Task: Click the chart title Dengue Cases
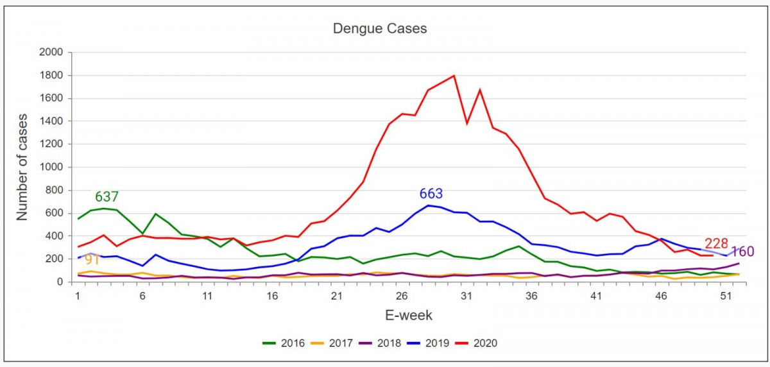coord(379,29)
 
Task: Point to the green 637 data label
coord(107,197)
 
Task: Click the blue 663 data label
coord(431,194)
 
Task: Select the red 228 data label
coord(717,244)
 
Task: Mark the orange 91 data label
coord(92,260)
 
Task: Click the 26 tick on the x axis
coord(402,296)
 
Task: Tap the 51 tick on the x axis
coord(726,296)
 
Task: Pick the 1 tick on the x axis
coord(78,296)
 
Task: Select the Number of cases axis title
coord(22,167)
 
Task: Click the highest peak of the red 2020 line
coord(454,76)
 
